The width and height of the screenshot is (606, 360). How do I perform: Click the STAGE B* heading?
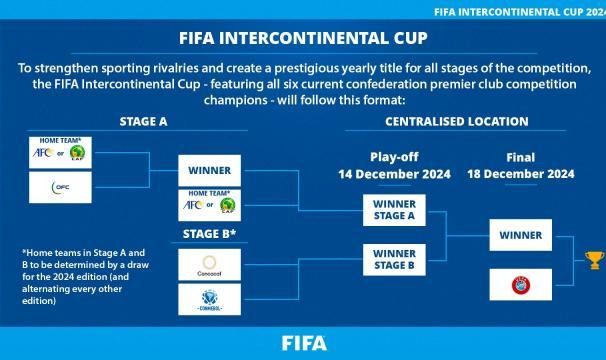[x=210, y=234]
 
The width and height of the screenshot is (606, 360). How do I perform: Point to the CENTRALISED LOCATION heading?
[x=457, y=121]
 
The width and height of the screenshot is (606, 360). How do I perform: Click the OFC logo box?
[x=61, y=186]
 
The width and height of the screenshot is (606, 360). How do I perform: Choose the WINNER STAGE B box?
[x=396, y=259]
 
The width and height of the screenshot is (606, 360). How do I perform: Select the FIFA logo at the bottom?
[x=303, y=343]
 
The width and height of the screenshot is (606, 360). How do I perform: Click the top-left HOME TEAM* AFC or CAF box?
[x=61, y=150]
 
